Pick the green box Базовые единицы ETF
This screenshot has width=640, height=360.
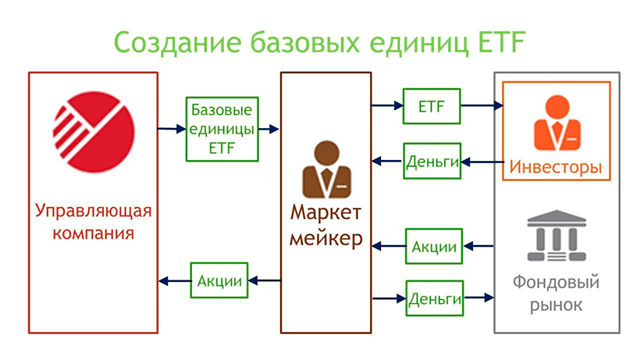click(212, 128)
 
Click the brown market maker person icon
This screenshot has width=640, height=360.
click(325, 170)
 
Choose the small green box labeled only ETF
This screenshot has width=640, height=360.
click(431, 106)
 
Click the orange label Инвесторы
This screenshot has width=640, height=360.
click(556, 167)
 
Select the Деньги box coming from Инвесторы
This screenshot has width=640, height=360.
click(431, 162)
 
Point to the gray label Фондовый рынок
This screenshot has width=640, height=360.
click(556, 292)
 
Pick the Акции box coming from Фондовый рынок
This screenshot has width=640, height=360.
click(433, 247)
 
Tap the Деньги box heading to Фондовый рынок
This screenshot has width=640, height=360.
click(434, 298)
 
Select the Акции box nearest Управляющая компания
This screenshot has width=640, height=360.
click(219, 280)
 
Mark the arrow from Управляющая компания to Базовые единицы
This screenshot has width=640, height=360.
click(171, 128)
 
